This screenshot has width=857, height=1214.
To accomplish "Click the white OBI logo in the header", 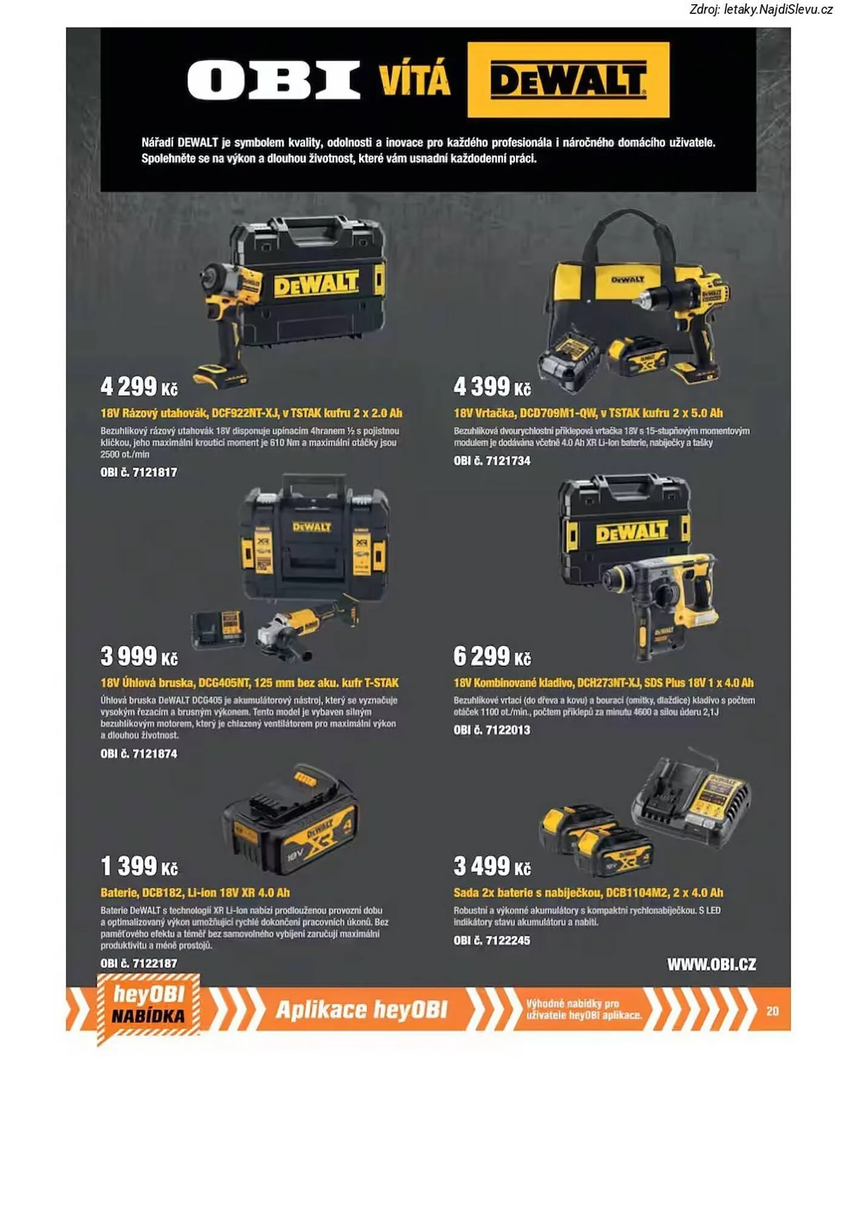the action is pos(274,80).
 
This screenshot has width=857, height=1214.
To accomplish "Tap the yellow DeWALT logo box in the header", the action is pos(568,80).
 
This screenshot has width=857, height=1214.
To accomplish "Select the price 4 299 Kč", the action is pos(139,387).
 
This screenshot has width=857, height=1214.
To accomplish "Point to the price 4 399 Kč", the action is pos(492,387).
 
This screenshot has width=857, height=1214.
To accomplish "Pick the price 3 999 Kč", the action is pos(139,656).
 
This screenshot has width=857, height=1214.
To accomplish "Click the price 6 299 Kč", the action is pos(492,656).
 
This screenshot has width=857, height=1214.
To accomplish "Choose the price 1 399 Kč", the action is pos(139,866).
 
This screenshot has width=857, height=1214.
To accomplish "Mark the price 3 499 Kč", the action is pos(492,866).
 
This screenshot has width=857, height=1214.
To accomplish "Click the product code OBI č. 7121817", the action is pos(139,472).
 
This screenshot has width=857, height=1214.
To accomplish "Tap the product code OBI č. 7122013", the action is pos(492,730).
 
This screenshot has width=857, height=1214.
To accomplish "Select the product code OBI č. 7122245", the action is pos(492,940).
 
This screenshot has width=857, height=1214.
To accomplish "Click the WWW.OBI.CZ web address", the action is pos(711,965).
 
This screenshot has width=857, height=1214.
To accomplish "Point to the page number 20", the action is pos(772,1011).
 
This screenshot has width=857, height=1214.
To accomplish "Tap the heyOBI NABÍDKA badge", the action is pos(149,1007).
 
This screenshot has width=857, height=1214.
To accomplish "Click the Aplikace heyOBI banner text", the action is pos(361,1009).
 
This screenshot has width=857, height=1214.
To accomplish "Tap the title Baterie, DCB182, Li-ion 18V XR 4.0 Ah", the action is pos(195,893).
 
